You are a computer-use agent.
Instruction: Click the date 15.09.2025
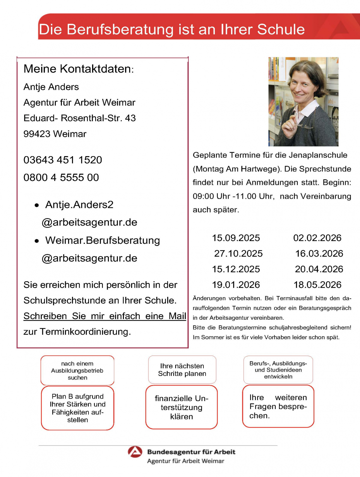click(236, 238)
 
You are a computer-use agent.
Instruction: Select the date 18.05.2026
click(317, 285)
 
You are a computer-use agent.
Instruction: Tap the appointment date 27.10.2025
click(238, 254)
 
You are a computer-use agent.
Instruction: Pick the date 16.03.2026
click(319, 254)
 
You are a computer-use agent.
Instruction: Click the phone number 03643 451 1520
click(63, 160)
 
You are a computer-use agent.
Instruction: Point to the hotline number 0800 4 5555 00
click(61, 178)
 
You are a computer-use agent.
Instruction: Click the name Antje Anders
click(51, 87)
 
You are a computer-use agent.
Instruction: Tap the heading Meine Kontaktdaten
click(78, 69)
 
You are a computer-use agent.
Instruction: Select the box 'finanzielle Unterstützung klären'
click(181, 407)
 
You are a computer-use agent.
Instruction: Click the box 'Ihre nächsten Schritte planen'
click(182, 370)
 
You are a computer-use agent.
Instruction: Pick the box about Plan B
click(78, 408)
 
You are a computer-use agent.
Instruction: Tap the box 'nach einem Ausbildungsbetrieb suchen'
click(77, 370)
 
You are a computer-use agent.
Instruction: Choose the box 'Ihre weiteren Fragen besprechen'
click(278, 406)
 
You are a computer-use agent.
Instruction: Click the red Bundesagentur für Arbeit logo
click(135, 452)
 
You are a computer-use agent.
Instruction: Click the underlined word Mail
click(177, 316)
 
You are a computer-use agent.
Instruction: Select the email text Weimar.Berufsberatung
click(103, 240)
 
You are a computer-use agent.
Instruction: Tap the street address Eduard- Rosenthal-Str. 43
click(79, 118)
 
